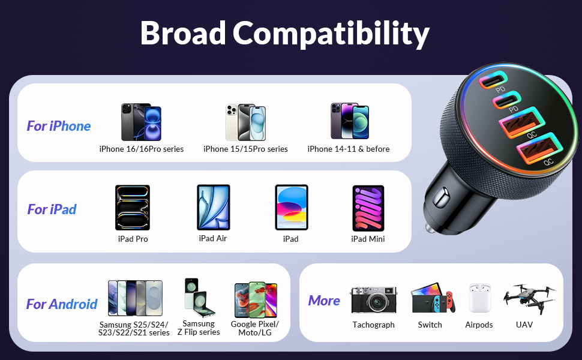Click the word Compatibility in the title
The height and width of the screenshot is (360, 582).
(x=331, y=34)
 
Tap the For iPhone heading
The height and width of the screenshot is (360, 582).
(x=59, y=126)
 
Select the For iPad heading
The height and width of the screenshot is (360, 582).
(x=52, y=209)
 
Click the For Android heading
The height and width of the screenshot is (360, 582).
(x=62, y=304)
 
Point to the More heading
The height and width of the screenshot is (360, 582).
(x=324, y=301)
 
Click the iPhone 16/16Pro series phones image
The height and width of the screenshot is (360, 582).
(x=141, y=122)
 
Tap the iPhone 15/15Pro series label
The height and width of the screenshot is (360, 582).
(x=245, y=149)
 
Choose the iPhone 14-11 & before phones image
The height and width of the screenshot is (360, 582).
(x=349, y=122)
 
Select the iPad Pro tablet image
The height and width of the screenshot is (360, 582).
(x=133, y=208)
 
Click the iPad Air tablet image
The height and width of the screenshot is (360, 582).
(x=213, y=207)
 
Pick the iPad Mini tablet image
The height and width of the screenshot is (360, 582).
(x=368, y=208)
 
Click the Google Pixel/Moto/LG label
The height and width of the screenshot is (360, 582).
(x=255, y=328)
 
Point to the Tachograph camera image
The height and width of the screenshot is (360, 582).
(x=373, y=299)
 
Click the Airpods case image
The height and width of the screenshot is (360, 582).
(x=479, y=298)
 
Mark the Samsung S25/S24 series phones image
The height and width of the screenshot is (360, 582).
(x=135, y=298)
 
